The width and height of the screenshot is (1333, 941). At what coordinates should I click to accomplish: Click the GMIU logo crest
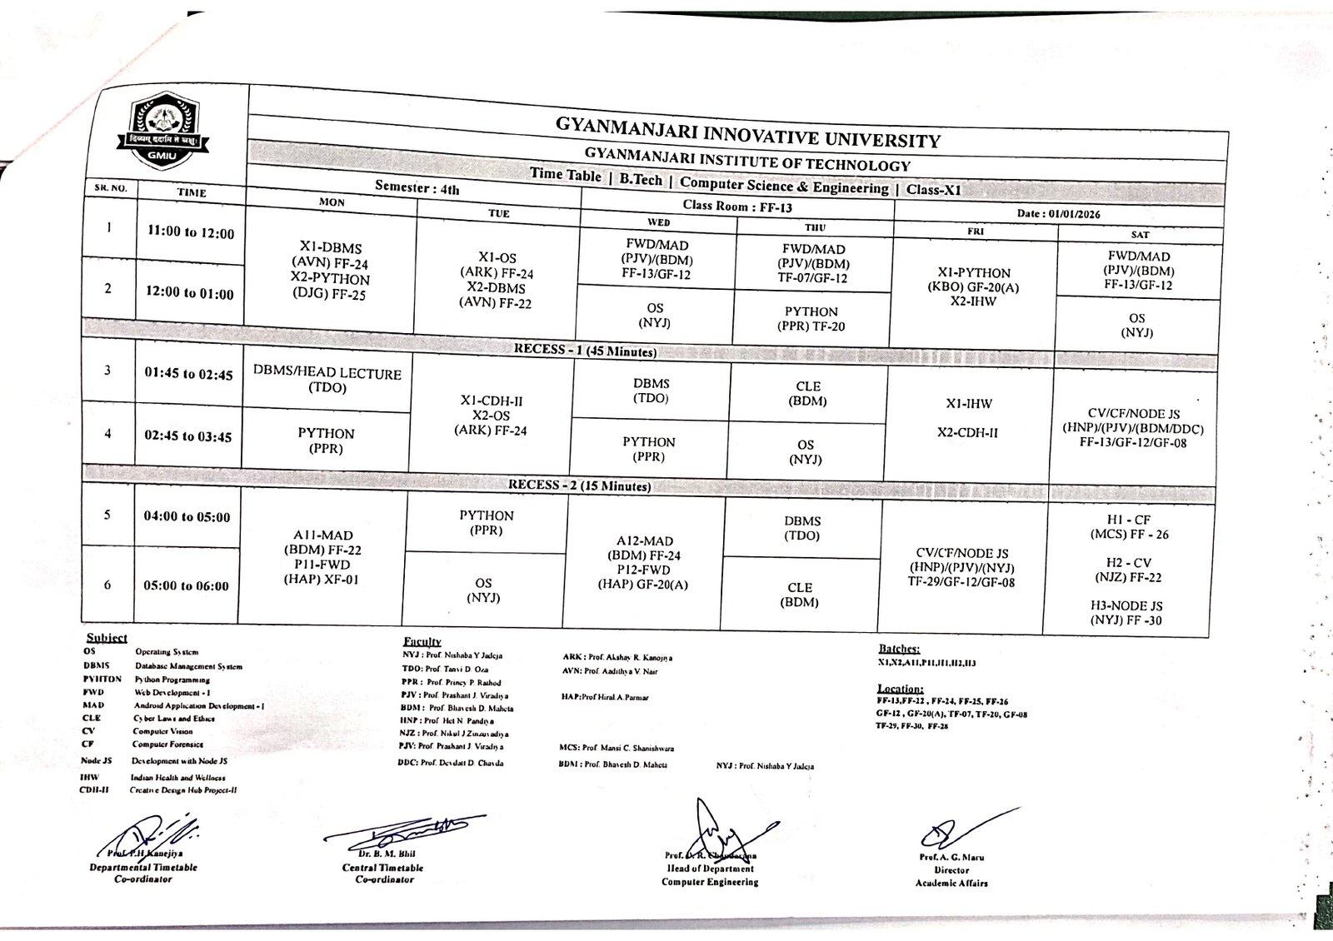click(x=163, y=131)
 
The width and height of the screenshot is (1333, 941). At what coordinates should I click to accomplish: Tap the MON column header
click(x=332, y=202)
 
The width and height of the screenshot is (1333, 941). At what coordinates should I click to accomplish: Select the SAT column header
click(x=1140, y=235)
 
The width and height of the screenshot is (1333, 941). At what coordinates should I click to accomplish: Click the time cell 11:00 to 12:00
click(x=190, y=233)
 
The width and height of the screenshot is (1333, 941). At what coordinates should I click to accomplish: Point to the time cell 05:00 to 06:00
click(x=186, y=585)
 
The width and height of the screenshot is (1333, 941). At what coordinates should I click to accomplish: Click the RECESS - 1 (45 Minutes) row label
click(x=585, y=351)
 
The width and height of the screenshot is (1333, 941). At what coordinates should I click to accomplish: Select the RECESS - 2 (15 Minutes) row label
click(x=580, y=485)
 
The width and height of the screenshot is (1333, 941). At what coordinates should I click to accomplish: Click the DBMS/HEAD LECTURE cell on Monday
click(x=327, y=381)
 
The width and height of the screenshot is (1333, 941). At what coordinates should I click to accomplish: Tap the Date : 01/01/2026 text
click(x=1058, y=214)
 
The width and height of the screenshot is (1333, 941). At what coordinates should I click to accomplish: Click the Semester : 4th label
click(x=417, y=188)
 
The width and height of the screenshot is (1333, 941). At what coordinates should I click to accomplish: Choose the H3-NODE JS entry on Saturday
click(x=1126, y=613)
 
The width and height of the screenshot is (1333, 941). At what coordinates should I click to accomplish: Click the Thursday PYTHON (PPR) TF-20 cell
click(x=811, y=319)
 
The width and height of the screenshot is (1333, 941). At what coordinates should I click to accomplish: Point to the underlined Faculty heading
click(x=422, y=642)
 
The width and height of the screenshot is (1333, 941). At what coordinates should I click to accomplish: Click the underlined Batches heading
click(x=899, y=648)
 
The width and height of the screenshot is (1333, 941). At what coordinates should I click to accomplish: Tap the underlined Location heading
click(x=900, y=689)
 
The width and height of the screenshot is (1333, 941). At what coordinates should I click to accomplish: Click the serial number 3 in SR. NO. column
click(x=107, y=370)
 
